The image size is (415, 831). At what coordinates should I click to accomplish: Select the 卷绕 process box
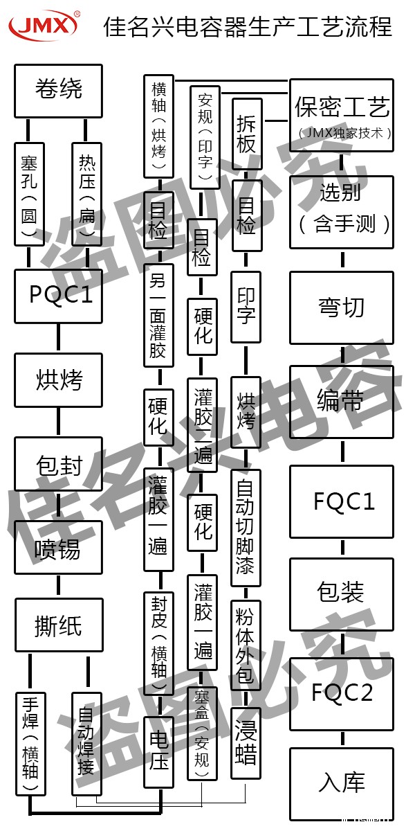[x=58, y=90]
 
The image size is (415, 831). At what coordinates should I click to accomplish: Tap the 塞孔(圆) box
[x=29, y=195]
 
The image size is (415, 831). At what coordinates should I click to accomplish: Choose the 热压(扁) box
[x=87, y=195]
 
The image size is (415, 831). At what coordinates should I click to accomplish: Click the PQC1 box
[x=58, y=296]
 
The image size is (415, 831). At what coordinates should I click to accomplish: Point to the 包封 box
[x=58, y=464]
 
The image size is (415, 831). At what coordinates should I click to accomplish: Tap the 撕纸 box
[x=58, y=626]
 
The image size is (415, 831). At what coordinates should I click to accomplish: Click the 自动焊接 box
[x=87, y=744]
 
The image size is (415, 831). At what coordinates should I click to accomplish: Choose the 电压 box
[x=158, y=752]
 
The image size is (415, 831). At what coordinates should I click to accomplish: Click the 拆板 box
[x=246, y=134]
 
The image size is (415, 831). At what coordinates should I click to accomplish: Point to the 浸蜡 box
[x=246, y=744]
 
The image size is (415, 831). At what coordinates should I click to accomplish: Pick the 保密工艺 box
[x=342, y=113]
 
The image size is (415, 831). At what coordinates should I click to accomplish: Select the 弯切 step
[x=342, y=307]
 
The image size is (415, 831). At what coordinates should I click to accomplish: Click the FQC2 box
[x=342, y=693]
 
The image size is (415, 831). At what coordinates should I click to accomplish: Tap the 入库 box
[x=342, y=783]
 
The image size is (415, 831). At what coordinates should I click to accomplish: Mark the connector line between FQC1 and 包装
[x=342, y=548]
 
